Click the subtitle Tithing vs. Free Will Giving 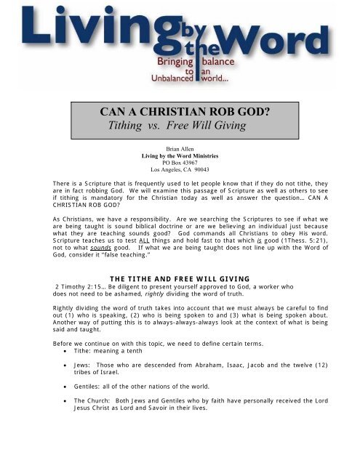179,127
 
